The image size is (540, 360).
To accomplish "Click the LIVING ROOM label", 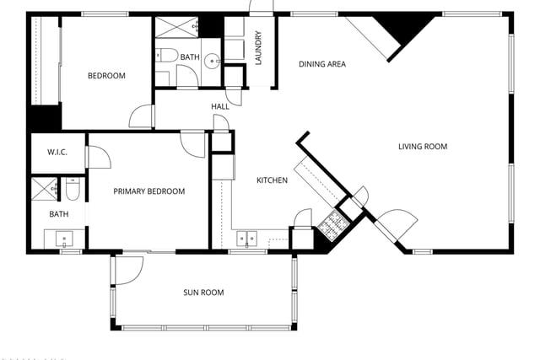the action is (x=423, y=147).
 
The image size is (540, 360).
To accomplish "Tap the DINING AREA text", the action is (x=322, y=64).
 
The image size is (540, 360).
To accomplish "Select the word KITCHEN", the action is (x=272, y=180).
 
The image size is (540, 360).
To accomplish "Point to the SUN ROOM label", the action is (x=203, y=293).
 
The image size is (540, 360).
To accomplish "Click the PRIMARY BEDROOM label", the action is (x=149, y=191).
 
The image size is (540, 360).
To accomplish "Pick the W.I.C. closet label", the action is (x=57, y=152).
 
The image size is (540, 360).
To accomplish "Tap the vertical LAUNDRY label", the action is (x=259, y=48).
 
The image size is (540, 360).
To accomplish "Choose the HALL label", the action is (x=220, y=107).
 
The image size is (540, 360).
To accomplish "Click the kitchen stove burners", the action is (x=333, y=225).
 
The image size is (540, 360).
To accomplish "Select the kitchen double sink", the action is (x=246, y=239).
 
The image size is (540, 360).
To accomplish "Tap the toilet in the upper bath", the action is (x=166, y=56).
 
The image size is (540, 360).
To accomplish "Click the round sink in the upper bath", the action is (x=211, y=62).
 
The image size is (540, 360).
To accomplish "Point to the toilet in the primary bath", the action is (x=73, y=189).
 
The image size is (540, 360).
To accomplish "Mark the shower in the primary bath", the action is (x=45, y=189).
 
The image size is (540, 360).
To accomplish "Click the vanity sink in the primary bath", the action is (x=64, y=239).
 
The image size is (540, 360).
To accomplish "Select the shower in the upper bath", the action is (x=176, y=27).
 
